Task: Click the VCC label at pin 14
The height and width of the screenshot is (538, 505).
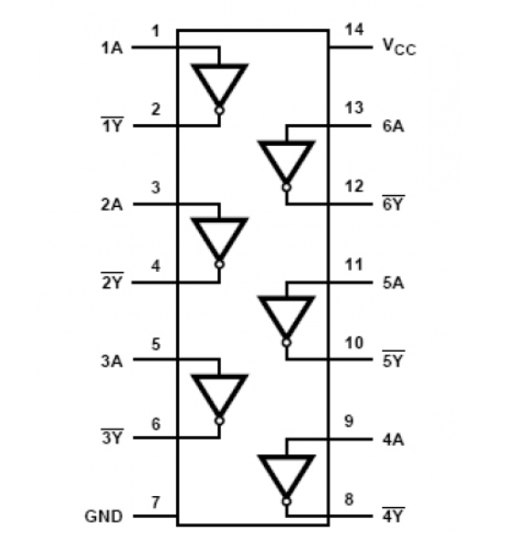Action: (399, 47)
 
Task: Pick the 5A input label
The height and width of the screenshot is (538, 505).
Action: (394, 283)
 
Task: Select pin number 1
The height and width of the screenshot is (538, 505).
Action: (156, 30)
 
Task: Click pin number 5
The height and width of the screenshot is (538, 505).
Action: (156, 344)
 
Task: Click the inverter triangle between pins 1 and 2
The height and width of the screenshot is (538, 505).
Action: (219, 85)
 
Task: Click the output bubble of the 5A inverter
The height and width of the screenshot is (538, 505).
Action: (286, 343)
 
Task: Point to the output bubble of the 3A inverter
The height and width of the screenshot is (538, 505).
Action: (219, 421)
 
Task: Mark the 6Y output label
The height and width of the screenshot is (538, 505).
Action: (394, 204)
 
